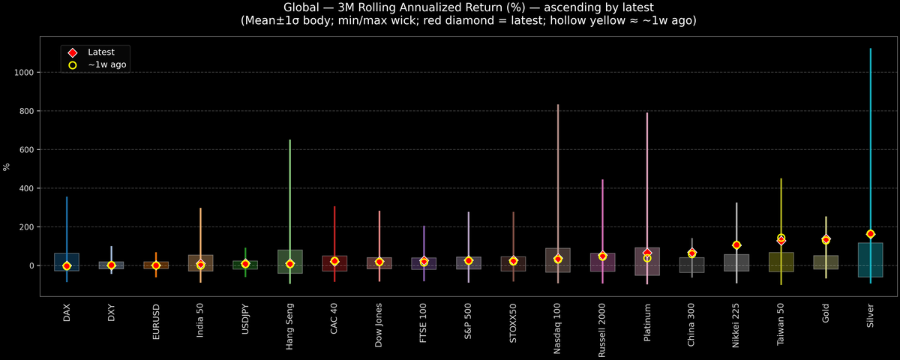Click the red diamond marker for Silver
[870, 234]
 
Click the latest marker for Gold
[826, 240]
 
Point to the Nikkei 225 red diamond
[736, 245]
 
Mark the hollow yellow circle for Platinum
[647, 258]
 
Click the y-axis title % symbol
[7, 167]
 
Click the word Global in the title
[302, 7]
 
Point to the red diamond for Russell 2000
[602, 256]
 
